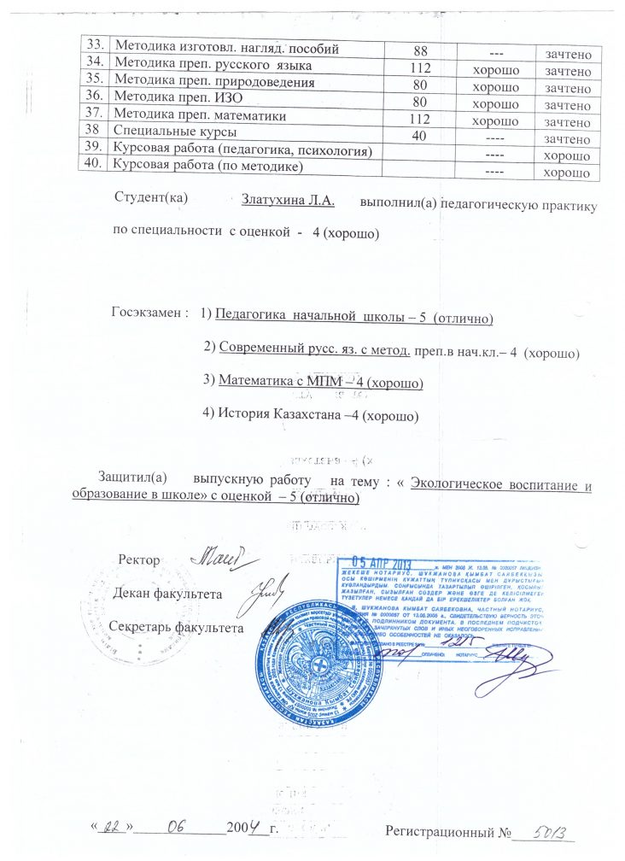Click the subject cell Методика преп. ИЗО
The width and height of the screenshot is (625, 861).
172,102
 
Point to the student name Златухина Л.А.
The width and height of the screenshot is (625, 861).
288,202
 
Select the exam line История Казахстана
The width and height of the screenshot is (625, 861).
311,417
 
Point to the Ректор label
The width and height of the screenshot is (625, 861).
140,560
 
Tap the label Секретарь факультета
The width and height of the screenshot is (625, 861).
177,626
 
